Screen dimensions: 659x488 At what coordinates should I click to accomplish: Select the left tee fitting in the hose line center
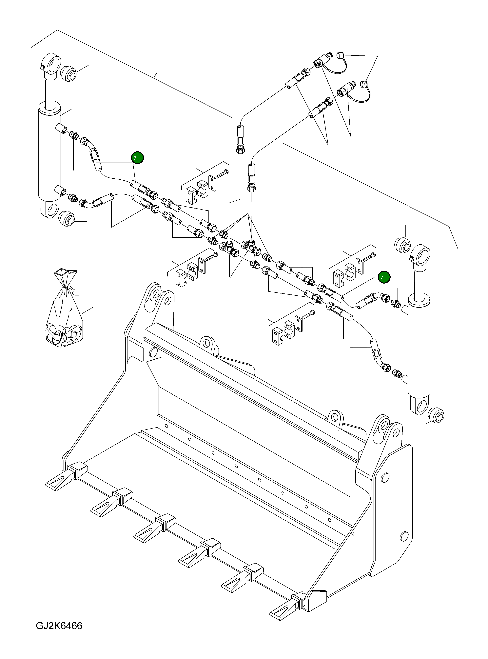point(228,247)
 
